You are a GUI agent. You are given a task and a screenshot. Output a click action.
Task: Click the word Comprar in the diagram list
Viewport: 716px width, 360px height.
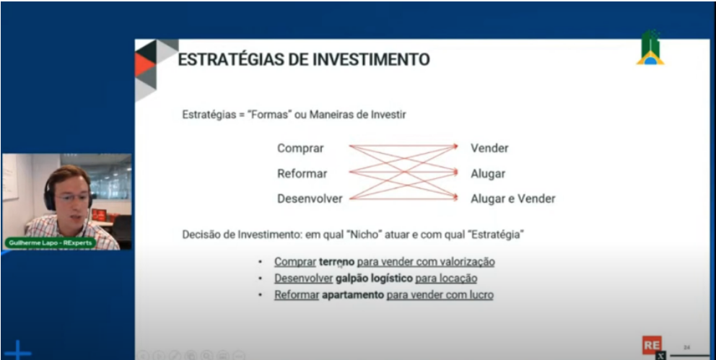pyautogui.click(x=300, y=149)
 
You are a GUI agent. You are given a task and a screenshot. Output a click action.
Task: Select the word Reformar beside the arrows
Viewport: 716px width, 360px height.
pyautogui.click(x=302, y=174)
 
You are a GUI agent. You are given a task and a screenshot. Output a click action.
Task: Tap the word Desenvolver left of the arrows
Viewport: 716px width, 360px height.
pyautogui.click(x=310, y=198)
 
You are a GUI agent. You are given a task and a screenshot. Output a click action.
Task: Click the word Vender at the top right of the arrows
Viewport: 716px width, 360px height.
pyautogui.click(x=489, y=149)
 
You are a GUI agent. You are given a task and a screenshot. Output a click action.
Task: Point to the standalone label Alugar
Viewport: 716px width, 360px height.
pyautogui.click(x=488, y=174)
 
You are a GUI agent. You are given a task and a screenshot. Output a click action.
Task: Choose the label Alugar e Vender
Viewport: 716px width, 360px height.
pyautogui.click(x=512, y=198)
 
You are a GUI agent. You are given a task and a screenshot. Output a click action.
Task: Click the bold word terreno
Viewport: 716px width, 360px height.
pyautogui.click(x=337, y=262)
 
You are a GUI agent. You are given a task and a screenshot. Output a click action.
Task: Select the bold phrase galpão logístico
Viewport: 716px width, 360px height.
pyautogui.click(x=374, y=278)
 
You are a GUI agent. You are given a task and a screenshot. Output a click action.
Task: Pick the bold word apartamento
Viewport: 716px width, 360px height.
pyautogui.click(x=353, y=295)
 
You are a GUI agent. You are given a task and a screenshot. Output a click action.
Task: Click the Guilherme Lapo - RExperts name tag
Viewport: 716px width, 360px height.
pyautogui.click(x=50, y=244)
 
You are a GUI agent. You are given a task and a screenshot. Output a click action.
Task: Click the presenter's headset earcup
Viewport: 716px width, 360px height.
pyautogui.click(x=50, y=197)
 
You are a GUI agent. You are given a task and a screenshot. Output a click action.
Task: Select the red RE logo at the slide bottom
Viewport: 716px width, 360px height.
pyautogui.click(x=651, y=345)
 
